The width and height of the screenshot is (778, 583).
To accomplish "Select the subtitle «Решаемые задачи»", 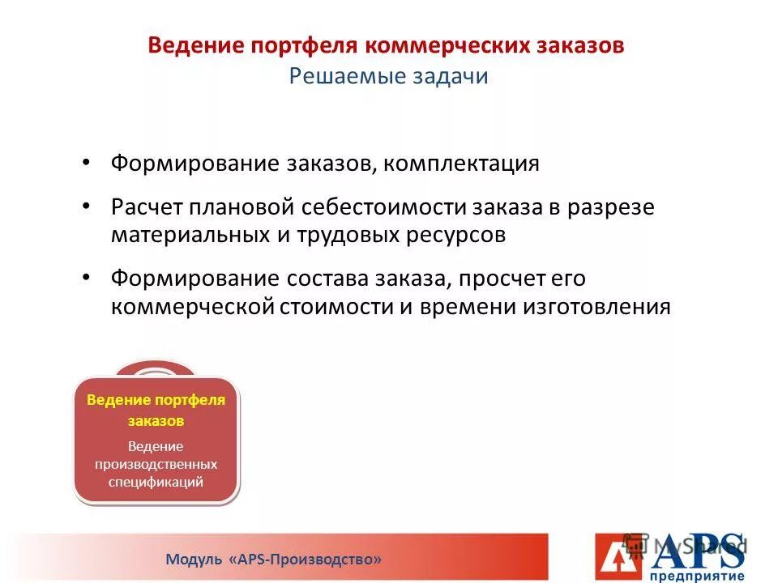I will (x=388, y=77).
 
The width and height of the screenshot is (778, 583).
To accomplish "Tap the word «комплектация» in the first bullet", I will (x=461, y=164).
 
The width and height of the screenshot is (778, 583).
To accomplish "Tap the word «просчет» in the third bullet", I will (x=494, y=279).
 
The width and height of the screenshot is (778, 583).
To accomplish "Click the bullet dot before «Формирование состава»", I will (x=87, y=277).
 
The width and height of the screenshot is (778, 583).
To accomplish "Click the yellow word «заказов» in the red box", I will (x=156, y=421).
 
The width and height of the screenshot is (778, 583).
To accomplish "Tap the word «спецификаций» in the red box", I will (x=156, y=482).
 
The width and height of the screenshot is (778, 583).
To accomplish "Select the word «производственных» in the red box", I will (x=156, y=464).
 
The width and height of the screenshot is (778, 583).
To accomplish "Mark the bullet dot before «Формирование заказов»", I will (x=87, y=163).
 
